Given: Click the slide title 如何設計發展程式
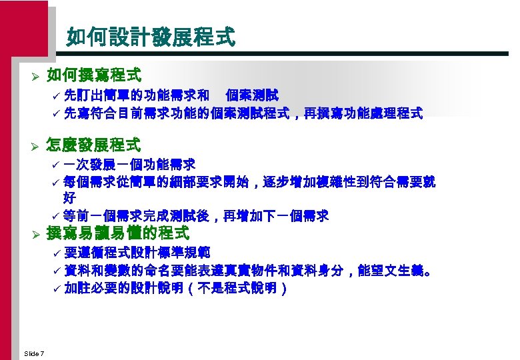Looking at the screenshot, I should click(151, 37).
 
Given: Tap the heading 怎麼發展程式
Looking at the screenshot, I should click(93, 144).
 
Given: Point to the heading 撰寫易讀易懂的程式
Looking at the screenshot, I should click(117, 233).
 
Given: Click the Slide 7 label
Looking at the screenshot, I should click(33, 353).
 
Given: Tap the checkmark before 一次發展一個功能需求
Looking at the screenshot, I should click(56, 164).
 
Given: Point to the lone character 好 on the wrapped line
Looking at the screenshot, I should click(69, 198).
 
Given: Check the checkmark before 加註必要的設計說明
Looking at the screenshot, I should click(56, 289).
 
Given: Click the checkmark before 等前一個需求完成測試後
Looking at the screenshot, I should click(56, 215).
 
